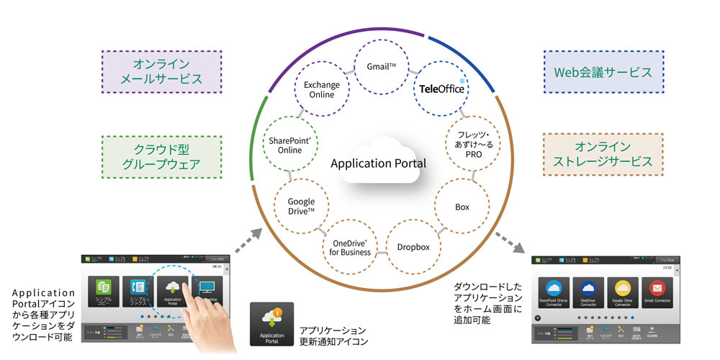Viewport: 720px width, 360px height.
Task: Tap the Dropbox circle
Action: [413, 247]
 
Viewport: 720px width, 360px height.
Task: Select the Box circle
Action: [462, 207]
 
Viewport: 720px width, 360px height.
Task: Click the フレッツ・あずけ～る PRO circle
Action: [470, 144]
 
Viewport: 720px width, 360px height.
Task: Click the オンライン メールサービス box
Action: [151, 71]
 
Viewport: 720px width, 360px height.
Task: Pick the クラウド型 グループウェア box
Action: [151, 156]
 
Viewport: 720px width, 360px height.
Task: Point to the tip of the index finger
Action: [186, 283]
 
